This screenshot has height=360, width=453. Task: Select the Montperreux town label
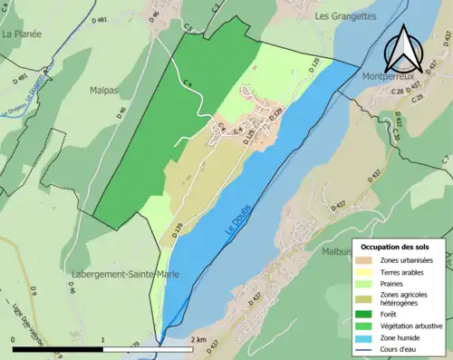[393, 80]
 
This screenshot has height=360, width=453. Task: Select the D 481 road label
[105, 19]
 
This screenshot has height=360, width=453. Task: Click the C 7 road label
[445, 160]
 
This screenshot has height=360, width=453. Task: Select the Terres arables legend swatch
[368, 270]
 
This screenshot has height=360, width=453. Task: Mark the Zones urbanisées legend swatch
[368, 259]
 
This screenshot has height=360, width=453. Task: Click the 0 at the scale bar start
[14, 339]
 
